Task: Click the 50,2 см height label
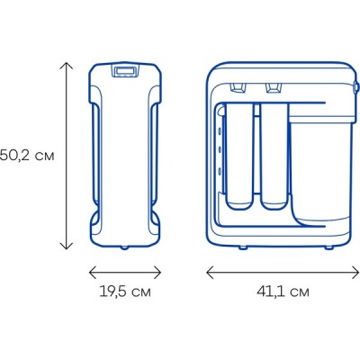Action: click(x=27, y=156)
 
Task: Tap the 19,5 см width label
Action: click(x=125, y=292)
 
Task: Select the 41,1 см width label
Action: click(x=283, y=292)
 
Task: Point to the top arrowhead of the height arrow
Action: click(x=67, y=66)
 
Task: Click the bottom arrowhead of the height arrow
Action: click(x=67, y=246)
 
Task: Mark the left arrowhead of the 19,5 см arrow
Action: click(x=93, y=273)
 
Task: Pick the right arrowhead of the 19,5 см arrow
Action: click(x=157, y=273)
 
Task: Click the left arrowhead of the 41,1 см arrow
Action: click(x=210, y=273)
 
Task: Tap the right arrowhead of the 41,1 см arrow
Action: click(x=355, y=273)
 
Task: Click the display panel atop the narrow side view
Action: click(x=126, y=71)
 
